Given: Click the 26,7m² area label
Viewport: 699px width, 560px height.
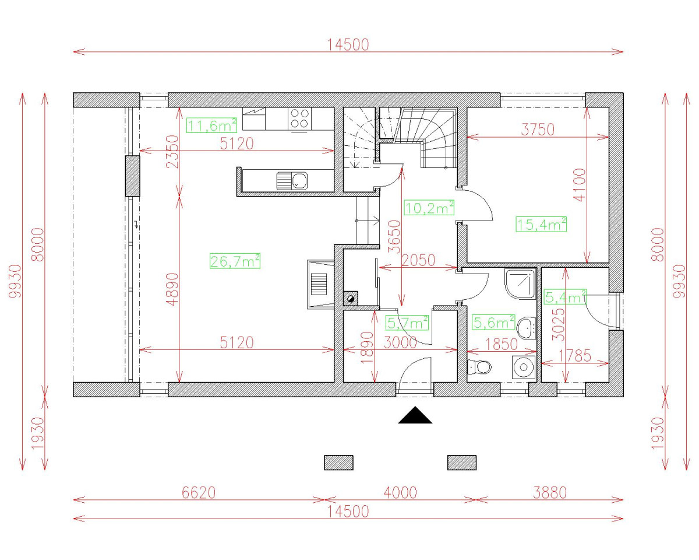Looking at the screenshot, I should tap(235, 261).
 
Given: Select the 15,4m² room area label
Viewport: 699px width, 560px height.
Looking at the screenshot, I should tap(541, 224).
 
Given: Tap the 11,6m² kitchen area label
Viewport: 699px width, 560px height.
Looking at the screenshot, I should tap(211, 125).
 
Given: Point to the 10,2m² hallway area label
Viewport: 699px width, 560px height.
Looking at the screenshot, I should tap(429, 208).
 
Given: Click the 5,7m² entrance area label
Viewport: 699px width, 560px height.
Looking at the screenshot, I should tap(407, 322).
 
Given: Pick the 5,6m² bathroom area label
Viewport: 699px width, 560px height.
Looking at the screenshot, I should tap(493, 322).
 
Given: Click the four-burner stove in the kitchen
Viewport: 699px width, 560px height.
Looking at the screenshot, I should tap(300, 118).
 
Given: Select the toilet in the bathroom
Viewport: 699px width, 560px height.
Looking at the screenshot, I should tap(480, 367).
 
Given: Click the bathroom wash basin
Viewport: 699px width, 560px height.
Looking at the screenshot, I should tap(527, 327).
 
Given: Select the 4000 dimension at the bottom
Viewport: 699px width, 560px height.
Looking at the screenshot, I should tap(400, 493).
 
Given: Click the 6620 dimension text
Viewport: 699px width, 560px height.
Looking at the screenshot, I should tap(199, 493).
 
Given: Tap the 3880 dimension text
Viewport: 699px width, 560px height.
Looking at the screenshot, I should tap(549, 493).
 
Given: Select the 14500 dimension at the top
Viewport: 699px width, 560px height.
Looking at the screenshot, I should tap(348, 45).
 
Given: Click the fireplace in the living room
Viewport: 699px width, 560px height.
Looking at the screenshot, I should tap(320, 284).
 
